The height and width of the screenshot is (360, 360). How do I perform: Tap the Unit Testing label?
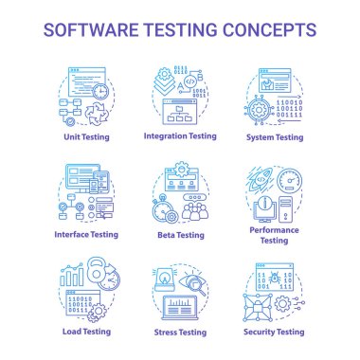86,135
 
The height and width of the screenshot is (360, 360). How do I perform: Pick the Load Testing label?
86,332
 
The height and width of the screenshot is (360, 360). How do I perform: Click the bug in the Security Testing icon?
275,281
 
